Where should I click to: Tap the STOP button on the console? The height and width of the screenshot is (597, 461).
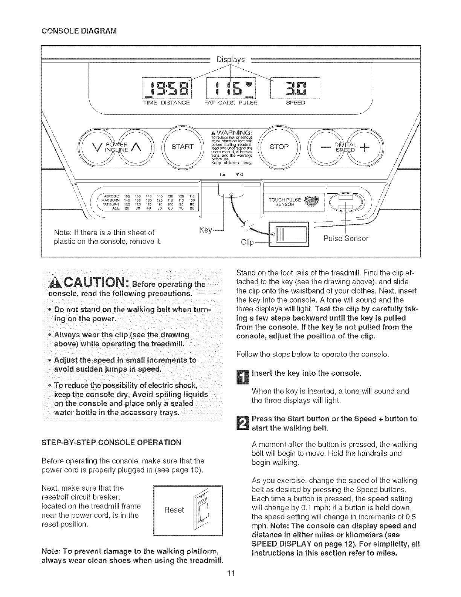pyautogui.click(x=279, y=146)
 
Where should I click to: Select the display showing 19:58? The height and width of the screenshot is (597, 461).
pyautogui.click(x=166, y=89)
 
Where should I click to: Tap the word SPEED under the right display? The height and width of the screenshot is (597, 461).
pyautogui.click(x=295, y=103)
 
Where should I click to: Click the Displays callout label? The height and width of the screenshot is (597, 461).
pyautogui.click(x=230, y=60)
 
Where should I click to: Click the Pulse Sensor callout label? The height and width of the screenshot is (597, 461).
pyautogui.click(x=346, y=238)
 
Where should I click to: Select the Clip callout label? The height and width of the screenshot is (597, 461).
pyautogui.click(x=247, y=242)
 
